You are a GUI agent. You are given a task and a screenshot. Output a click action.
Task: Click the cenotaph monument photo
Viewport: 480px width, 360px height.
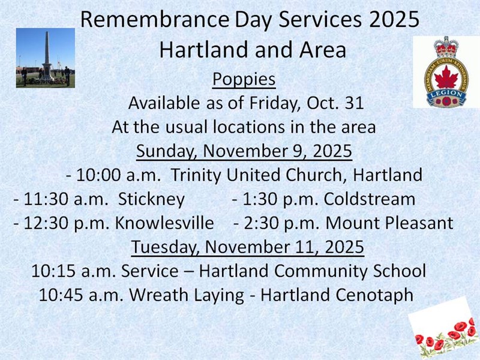pyautogui.click(x=46, y=58)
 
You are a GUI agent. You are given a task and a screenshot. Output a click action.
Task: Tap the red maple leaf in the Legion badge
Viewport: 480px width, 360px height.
pyautogui.click(x=446, y=77)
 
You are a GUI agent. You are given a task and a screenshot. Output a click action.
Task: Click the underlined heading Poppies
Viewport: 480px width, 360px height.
pyautogui.click(x=244, y=79)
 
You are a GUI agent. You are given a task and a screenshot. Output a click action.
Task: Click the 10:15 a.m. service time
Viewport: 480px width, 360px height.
pyautogui.click(x=74, y=271)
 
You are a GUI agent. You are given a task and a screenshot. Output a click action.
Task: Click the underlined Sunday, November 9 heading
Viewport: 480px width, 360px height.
pyautogui.click(x=244, y=151)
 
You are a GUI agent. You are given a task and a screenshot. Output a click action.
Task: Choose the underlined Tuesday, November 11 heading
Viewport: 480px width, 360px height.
pyautogui.click(x=247, y=247)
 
